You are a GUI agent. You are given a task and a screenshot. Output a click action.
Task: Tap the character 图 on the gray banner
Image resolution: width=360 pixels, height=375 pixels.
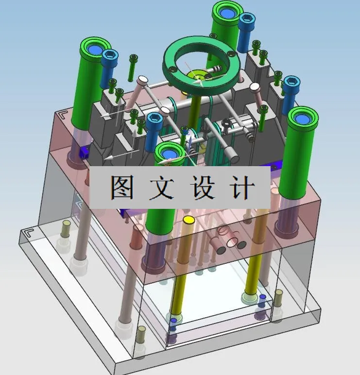tap(121, 187)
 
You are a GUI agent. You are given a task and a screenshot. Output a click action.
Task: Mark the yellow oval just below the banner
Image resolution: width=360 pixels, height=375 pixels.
tap(189, 220)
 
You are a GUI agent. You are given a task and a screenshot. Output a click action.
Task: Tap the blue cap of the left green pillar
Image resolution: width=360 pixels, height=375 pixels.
tap(95, 49)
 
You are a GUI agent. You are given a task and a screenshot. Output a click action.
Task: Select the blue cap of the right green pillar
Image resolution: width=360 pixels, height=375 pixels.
tap(302, 118)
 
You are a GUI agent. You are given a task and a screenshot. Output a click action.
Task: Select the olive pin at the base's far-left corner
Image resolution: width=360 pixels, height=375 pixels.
tap(66, 228)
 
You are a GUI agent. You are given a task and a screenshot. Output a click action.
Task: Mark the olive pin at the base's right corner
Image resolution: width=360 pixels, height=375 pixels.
tap(278, 298)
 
